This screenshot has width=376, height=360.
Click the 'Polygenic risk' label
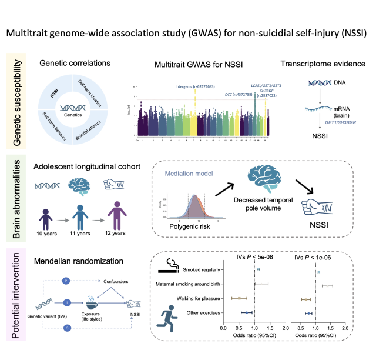[186, 227]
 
